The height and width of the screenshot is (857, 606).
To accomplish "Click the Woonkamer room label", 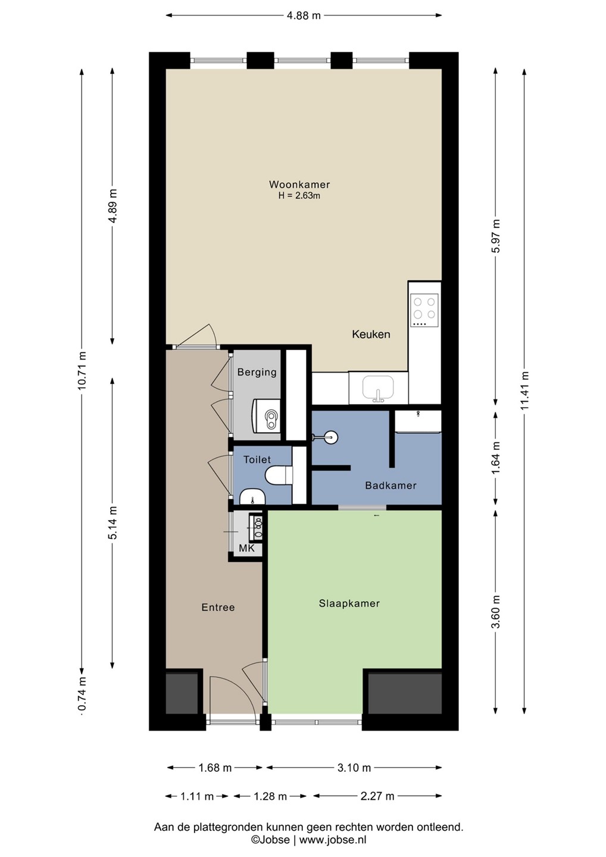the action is pos(299,184).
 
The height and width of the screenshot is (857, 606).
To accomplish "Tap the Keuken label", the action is pos(371,334).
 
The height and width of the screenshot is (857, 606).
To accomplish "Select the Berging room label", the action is pos(257,372).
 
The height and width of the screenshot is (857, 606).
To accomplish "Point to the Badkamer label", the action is pos(391,486).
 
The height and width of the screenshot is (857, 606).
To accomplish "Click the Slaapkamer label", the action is pos(349,603).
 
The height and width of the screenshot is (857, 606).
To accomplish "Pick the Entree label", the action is pos(218,607).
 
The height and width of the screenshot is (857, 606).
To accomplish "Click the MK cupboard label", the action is pos(247,548).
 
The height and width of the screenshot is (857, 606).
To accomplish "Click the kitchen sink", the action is pos(379,387).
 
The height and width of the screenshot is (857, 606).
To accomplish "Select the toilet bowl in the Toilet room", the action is pos(279,475).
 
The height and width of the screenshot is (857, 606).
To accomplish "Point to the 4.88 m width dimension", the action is pos(304,15).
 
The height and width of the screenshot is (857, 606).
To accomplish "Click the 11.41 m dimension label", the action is pos(524,390).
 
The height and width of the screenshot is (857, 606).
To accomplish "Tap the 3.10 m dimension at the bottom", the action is pos(354,768).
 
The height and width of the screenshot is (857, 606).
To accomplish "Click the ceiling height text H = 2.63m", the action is pos(299,196).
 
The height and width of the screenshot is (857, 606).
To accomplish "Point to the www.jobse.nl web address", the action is pos(332,840).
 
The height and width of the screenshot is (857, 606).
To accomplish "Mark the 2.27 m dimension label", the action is pos(377,796).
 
